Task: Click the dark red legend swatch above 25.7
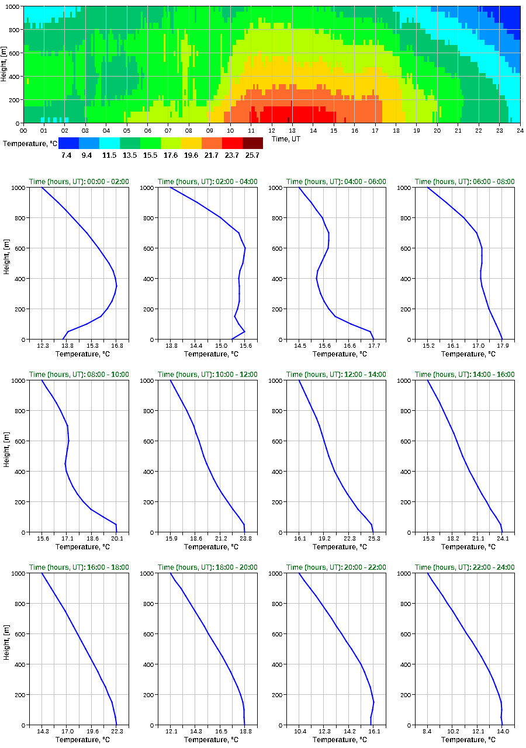(252, 143)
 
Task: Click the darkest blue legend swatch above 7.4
(68, 143)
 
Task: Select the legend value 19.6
(191, 155)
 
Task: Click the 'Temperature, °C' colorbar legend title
(29, 143)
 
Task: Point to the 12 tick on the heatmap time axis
(271, 130)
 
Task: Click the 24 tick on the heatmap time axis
(520, 130)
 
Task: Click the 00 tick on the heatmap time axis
(23, 130)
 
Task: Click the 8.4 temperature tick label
(428, 732)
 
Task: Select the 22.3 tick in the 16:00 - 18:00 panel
(117, 732)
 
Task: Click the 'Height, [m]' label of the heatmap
(5, 64)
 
